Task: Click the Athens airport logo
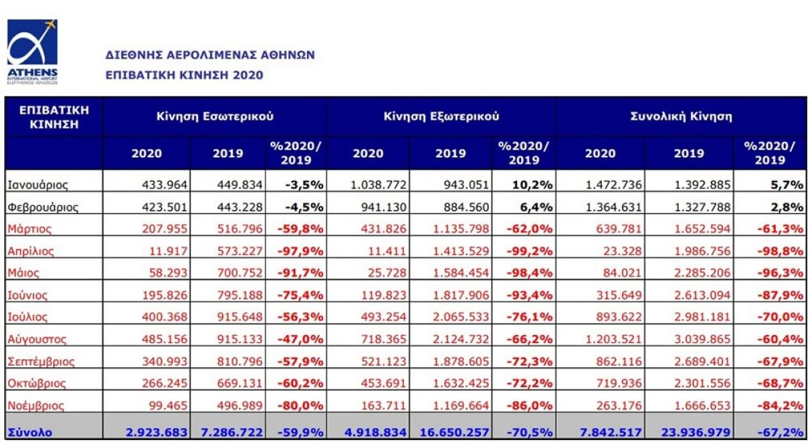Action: tap(32, 51)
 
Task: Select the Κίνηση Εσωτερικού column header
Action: tap(215, 116)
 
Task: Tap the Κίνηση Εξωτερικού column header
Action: tap(441, 116)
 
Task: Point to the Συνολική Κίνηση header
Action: tap(680, 116)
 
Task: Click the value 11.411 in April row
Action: tap(389, 251)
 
